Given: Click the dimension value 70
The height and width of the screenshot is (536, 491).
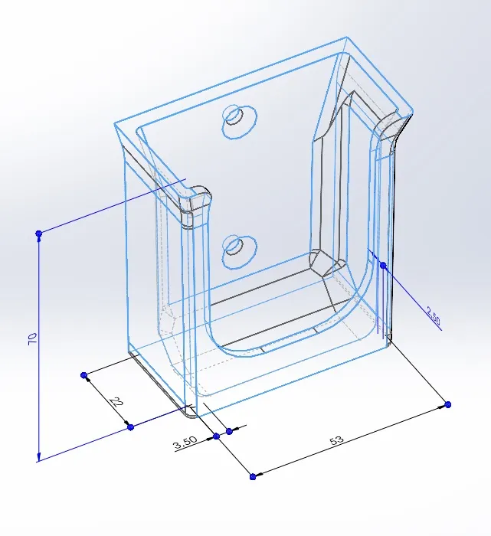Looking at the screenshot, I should pyautogui.click(x=32, y=337).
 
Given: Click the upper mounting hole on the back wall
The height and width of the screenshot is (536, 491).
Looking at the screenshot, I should pyautogui.click(x=234, y=116).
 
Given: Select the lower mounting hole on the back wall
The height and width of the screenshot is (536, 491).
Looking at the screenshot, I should pyautogui.click(x=234, y=247).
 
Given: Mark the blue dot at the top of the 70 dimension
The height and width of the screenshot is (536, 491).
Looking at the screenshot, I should pyautogui.click(x=39, y=233).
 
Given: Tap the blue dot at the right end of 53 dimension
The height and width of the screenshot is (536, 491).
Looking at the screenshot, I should pyautogui.click(x=448, y=404).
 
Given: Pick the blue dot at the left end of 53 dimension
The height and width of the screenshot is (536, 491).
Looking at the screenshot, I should pyautogui.click(x=253, y=476).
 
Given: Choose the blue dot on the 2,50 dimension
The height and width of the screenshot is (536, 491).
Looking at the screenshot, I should pyautogui.click(x=383, y=265).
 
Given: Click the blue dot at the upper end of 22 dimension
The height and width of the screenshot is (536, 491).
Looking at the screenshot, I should pyautogui.click(x=84, y=375).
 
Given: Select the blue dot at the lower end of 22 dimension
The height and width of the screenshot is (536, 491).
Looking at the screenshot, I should pyautogui.click(x=131, y=427).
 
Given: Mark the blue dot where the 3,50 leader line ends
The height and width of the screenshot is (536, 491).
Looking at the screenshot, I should pyautogui.click(x=216, y=436).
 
